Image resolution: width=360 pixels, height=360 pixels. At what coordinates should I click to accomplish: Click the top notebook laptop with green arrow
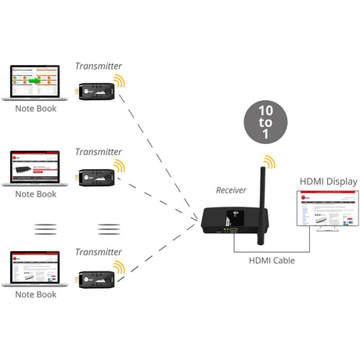pyautogui.click(x=35, y=83)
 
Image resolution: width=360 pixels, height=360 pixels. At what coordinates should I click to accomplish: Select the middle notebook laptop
pyautogui.click(x=35, y=167)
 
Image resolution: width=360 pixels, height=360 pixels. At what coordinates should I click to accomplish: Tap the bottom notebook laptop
pyautogui.click(x=35, y=268)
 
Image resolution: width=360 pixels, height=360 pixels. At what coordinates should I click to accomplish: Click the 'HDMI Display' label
pyautogui.click(x=328, y=182)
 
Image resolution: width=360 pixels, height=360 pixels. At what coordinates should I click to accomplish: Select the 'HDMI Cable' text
pyautogui.click(x=272, y=261)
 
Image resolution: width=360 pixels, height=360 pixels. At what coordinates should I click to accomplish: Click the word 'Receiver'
pyautogui.click(x=232, y=190)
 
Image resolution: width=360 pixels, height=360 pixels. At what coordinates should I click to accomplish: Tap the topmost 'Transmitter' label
pyautogui.click(x=99, y=67)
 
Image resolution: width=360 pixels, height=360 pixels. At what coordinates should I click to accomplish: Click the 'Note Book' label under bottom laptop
pyautogui.click(x=36, y=295)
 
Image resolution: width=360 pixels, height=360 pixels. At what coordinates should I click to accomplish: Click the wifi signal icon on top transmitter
pyautogui.click(x=119, y=81)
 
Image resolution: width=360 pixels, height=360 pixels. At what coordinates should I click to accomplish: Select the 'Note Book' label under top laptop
pyautogui.click(x=36, y=109)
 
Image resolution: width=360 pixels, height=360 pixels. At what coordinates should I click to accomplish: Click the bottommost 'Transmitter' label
pyautogui.click(x=99, y=252)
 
